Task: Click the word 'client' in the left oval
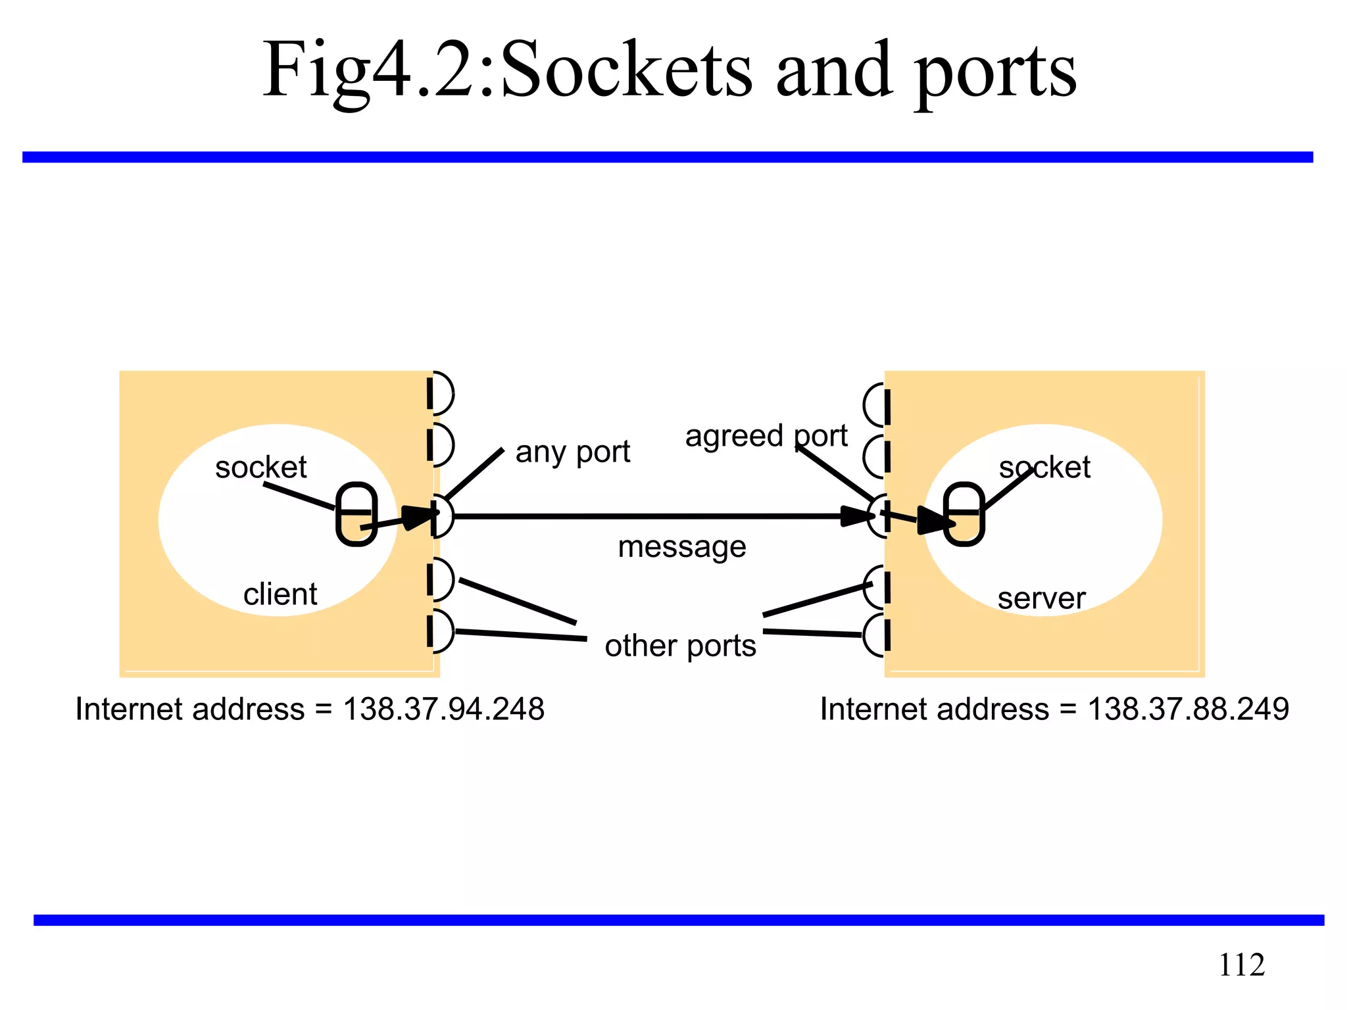point(280,594)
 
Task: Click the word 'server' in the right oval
point(1041,598)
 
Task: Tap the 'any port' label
point(572,452)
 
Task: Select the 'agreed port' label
point(766,436)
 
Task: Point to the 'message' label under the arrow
point(682,546)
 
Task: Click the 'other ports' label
point(681,646)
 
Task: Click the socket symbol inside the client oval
point(356,514)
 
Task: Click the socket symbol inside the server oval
point(964,514)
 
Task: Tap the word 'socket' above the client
point(260,468)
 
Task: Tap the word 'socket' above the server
point(1044,468)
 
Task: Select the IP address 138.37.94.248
point(444,709)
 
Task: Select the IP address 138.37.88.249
point(1188,709)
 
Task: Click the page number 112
point(1241,965)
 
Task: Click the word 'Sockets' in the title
point(625,70)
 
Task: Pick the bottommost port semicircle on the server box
point(875,635)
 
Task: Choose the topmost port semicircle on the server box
point(875,405)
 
